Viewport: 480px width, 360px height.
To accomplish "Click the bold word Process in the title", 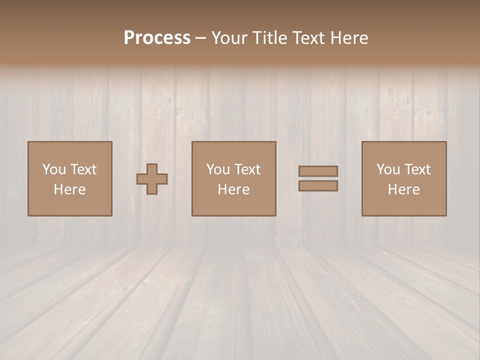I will click(157, 38).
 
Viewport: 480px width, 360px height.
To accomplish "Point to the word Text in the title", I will click(314, 38).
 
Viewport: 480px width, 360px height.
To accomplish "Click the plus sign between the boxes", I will click(152, 178).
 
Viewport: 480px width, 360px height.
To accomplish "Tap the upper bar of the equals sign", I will click(318, 171).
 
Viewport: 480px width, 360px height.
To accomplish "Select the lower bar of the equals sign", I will click(318, 186).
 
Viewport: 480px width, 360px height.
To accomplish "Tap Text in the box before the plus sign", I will click(82, 169).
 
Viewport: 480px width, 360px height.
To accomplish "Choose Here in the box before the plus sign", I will click(69, 189).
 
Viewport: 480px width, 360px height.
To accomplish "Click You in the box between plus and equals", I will click(218, 169).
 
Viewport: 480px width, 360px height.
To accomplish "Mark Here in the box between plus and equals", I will click(233, 189).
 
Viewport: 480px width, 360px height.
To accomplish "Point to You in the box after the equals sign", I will click(388, 169).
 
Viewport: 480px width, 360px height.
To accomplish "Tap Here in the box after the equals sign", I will click(403, 189).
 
